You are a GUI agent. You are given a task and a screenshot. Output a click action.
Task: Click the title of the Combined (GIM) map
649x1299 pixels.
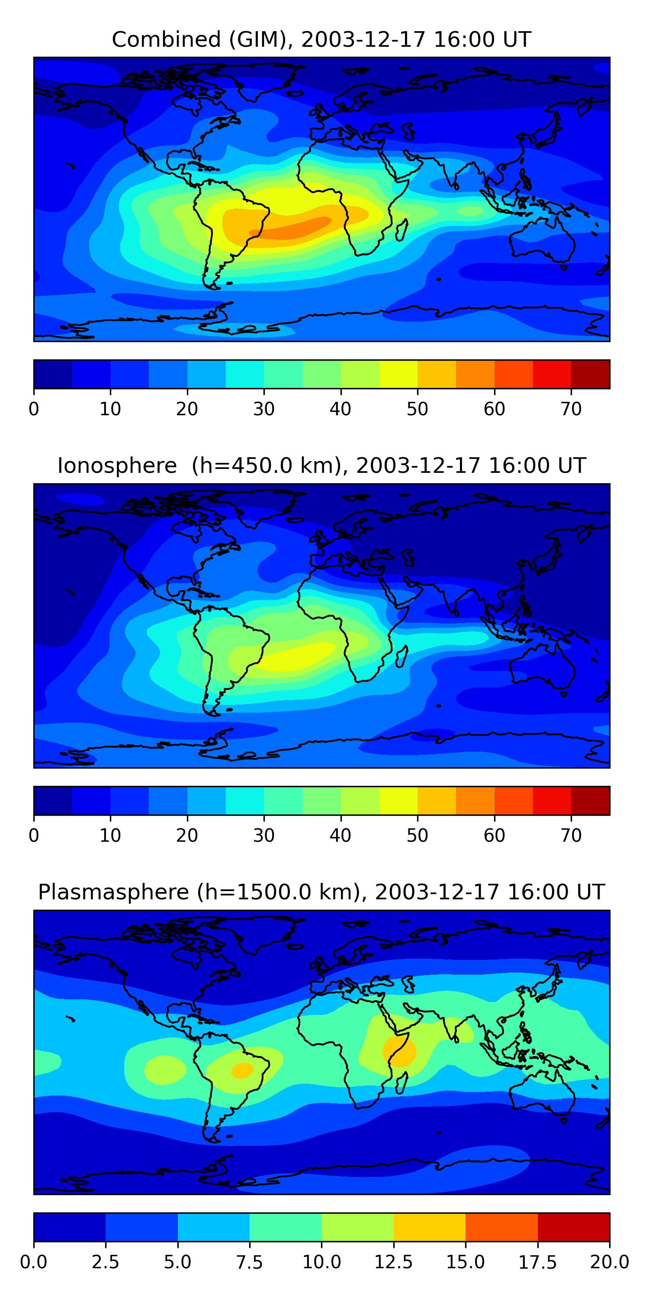click(x=321, y=39)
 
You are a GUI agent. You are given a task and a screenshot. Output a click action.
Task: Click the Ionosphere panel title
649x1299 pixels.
click(x=321, y=465)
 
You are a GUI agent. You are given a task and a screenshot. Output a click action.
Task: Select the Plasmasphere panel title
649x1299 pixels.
click(x=321, y=892)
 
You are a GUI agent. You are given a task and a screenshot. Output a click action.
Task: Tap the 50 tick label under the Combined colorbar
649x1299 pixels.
click(x=417, y=408)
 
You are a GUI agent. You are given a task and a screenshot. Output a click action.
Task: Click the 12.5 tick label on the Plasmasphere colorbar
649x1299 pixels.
click(x=394, y=1262)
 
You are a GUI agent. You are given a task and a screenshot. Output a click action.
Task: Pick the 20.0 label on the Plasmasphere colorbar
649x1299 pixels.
click(x=610, y=1262)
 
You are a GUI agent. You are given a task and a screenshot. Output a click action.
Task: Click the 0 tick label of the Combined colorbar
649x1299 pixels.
click(x=34, y=408)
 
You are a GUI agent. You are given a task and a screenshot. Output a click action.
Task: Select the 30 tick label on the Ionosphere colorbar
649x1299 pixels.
click(x=263, y=835)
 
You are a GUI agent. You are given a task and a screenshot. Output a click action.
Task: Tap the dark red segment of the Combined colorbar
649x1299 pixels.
click(x=591, y=374)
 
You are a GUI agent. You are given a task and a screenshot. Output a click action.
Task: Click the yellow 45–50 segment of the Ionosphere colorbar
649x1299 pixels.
click(x=398, y=800)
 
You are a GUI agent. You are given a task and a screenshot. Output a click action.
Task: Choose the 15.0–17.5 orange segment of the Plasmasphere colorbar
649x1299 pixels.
click(x=501, y=1227)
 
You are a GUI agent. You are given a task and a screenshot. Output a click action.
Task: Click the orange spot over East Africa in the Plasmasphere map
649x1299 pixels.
click(x=399, y=1051)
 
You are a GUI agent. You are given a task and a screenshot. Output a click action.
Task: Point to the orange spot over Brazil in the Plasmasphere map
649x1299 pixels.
click(x=242, y=1070)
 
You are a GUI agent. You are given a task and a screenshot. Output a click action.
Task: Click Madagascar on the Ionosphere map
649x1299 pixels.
click(x=402, y=656)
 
